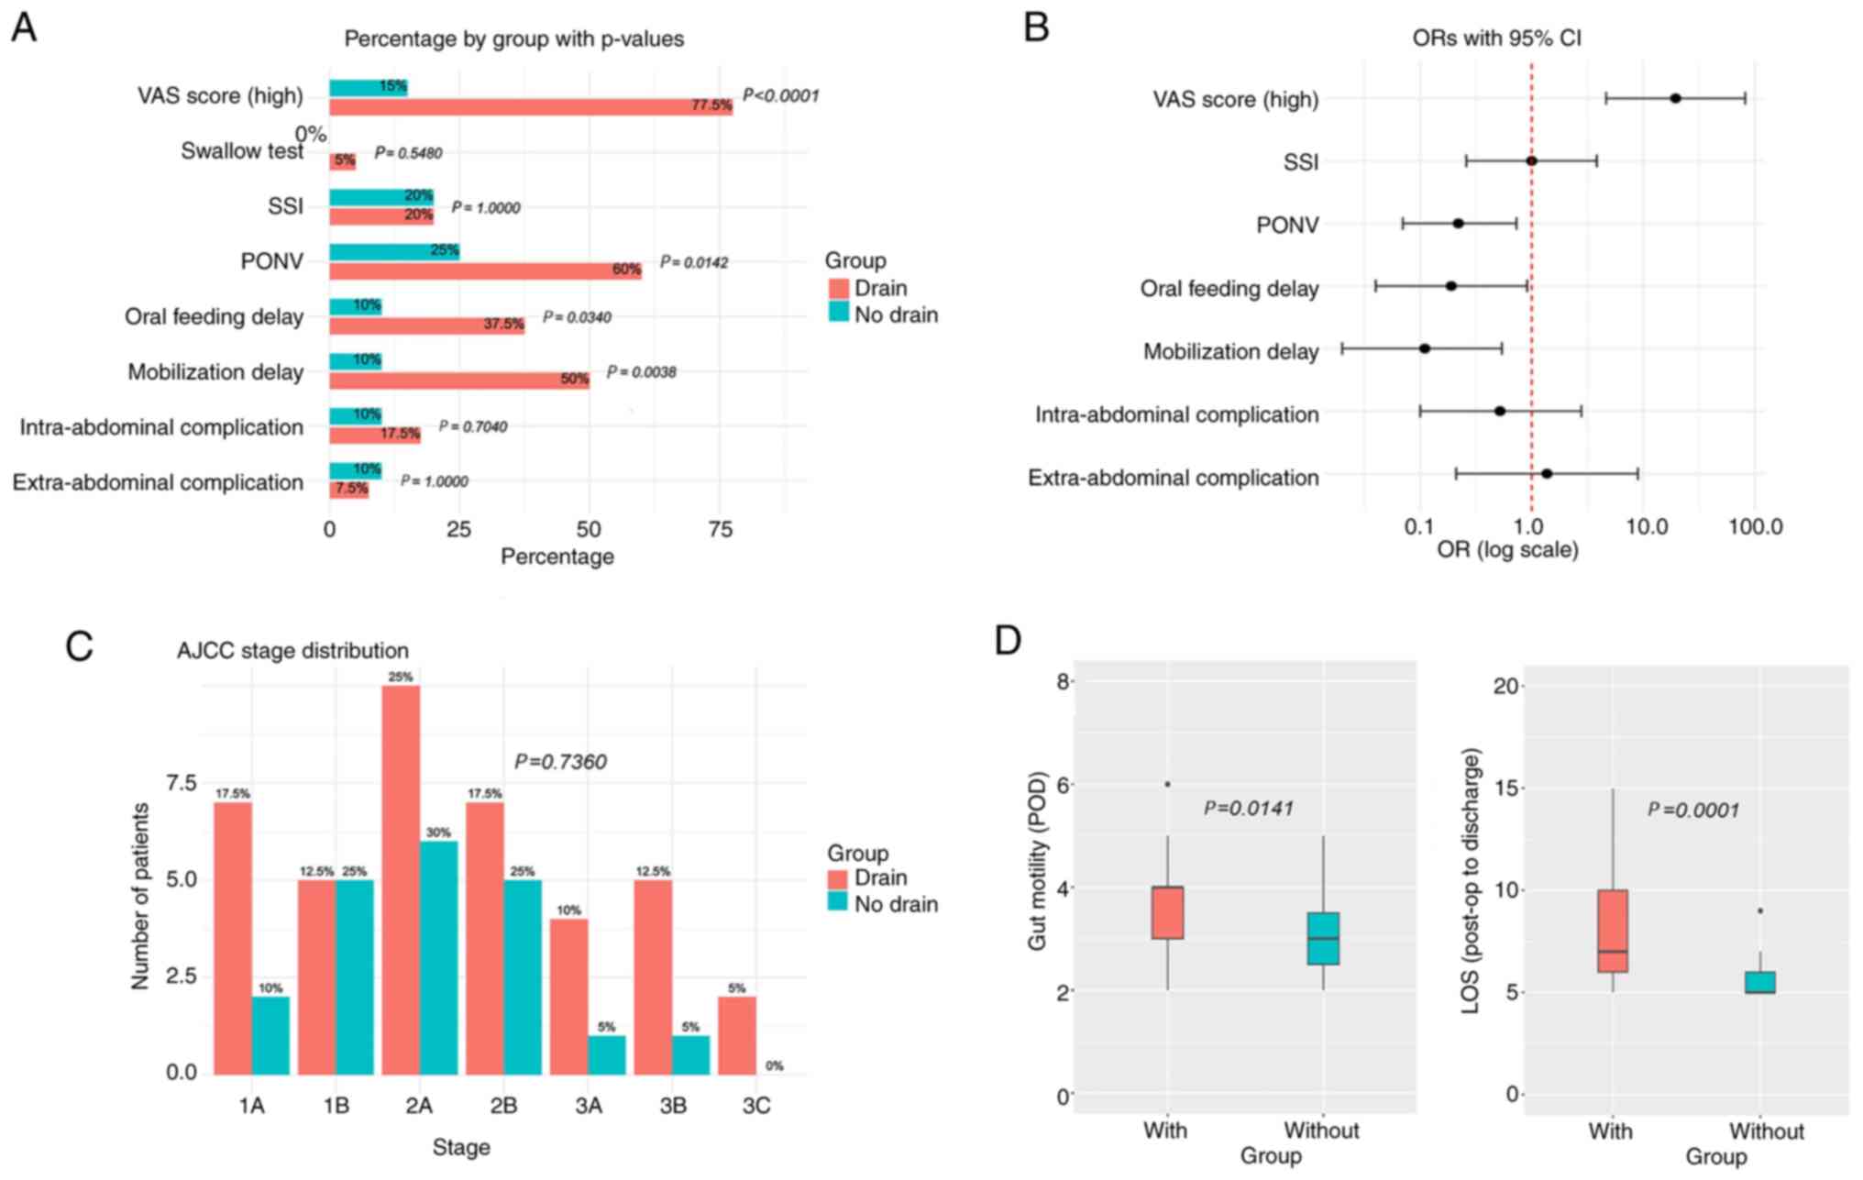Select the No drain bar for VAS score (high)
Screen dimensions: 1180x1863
tap(368, 87)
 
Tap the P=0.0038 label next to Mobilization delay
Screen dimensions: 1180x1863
tap(642, 372)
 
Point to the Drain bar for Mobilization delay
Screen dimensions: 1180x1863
tap(458, 380)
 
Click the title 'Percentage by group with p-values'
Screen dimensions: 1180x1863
tap(513, 39)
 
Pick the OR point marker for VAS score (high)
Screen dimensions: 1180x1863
tap(1675, 98)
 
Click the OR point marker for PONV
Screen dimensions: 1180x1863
tap(1458, 224)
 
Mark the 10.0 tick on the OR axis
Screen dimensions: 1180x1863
tap(1647, 527)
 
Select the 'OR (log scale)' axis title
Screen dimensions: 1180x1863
tap(1507, 550)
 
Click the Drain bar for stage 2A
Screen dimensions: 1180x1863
tap(401, 880)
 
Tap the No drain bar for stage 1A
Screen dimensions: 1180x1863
tap(270, 1035)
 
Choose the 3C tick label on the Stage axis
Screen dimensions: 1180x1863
tap(756, 1107)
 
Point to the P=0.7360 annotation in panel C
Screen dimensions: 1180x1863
tap(560, 762)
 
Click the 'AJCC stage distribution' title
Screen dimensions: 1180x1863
tap(292, 651)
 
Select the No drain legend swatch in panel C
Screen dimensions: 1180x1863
tap(838, 904)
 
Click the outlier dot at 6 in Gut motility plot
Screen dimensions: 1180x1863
tap(1167, 784)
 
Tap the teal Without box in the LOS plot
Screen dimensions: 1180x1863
tap(1759, 982)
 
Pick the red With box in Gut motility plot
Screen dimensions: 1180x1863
tap(1167, 912)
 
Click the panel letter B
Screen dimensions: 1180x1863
tap(1036, 28)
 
